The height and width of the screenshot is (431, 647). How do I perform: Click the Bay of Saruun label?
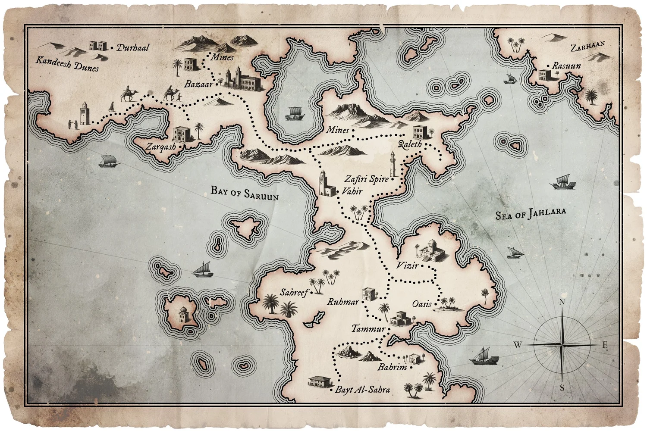pyautogui.click(x=245, y=193)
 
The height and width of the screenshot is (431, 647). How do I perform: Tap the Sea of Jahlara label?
pyautogui.click(x=530, y=213)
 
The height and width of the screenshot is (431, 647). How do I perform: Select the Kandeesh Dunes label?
pyautogui.click(x=67, y=64)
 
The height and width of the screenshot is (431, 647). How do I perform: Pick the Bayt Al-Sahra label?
pyautogui.click(x=362, y=390)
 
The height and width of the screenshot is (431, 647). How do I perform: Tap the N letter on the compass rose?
pyautogui.click(x=562, y=302)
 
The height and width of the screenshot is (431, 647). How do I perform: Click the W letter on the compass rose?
pyautogui.click(x=518, y=344)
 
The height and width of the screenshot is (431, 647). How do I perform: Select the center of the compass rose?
pyautogui.click(x=562, y=345)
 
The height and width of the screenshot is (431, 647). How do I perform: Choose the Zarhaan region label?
pyautogui.click(x=587, y=47)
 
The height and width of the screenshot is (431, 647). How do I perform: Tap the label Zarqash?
pyautogui.click(x=160, y=147)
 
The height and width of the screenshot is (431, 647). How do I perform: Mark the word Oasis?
pyautogui.click(x=421, y=304)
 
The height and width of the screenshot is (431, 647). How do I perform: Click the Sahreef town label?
pyautogui.click(x=294, y=293)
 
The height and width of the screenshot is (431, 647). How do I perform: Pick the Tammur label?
pyautogui.click(x=368, y=329)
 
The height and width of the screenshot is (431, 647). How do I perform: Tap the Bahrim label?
pyautogui.click(x=392, y=368)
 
